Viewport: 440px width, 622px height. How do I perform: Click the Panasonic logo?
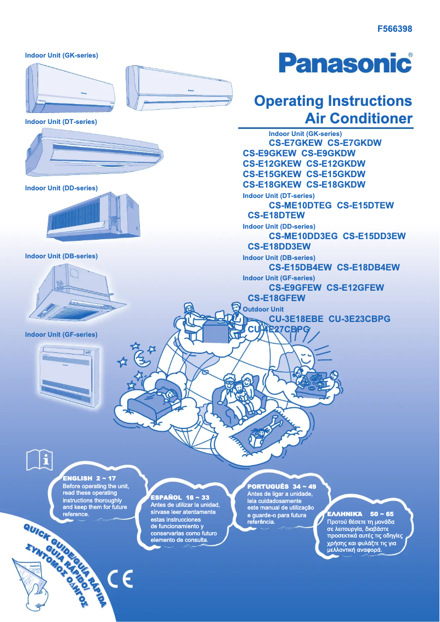tap(345, 63)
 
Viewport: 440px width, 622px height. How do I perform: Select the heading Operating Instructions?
tap(333, 101)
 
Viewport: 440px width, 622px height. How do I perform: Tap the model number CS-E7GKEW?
tap(299, 143)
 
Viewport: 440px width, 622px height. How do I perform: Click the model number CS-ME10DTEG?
tap(300, 206)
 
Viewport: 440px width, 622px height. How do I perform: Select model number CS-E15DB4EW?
tap(300, 268)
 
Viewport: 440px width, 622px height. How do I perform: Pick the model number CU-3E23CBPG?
tap(359, 319)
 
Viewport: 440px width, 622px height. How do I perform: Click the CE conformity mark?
tap(120, 579)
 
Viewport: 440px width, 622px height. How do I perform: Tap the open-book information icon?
tap(40, 460)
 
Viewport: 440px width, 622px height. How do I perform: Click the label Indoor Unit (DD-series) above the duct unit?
tap(61, 188)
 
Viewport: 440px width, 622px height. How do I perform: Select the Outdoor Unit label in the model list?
tap(263, 309)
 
